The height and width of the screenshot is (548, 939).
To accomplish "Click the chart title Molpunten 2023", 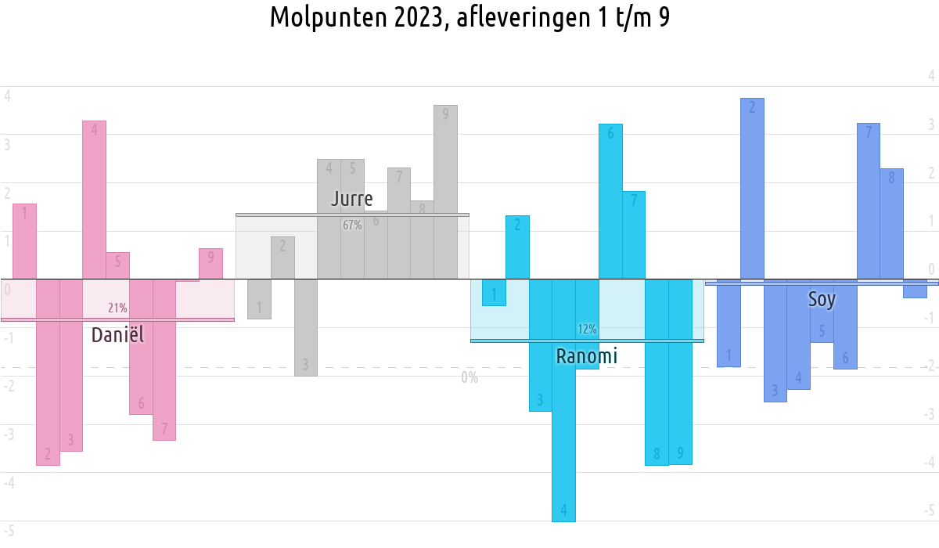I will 469,17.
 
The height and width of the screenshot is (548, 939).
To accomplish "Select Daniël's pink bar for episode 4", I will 94,200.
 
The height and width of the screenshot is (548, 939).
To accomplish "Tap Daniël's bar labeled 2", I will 48,372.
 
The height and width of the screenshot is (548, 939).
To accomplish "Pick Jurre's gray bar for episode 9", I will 445,192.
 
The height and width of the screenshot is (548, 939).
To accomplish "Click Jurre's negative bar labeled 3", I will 306,327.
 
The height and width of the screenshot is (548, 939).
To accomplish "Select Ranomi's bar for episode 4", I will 563,399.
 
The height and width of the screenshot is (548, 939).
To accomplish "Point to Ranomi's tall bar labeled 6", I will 610,201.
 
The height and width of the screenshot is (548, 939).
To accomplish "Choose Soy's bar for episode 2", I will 752,188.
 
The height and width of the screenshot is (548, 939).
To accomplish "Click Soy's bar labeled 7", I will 868,200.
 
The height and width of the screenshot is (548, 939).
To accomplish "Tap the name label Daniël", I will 117,335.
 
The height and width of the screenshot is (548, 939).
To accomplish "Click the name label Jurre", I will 351,198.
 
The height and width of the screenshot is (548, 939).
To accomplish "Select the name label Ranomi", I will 586,357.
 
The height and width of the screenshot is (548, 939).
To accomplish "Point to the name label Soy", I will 822,299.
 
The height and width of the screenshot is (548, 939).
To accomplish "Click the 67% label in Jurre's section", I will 352,225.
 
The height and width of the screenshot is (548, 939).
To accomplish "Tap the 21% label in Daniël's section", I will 117,308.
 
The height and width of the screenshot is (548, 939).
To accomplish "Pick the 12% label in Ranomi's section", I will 587,329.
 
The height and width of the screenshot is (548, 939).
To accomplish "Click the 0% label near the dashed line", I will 469,377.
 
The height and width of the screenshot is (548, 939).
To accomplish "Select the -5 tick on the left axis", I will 8,531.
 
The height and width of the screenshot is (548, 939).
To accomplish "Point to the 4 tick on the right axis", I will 931,76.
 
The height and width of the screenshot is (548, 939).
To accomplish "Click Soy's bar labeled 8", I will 891,223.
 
